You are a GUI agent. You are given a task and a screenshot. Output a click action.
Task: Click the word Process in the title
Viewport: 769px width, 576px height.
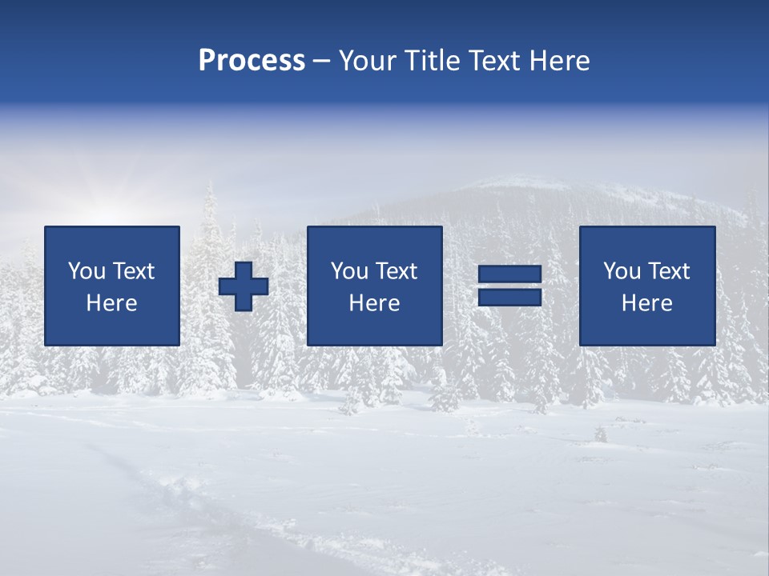[x=252, y=61]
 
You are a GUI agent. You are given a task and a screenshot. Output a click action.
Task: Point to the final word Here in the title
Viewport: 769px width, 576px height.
[x=558, y=61]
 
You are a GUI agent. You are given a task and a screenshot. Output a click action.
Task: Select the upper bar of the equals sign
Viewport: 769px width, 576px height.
[x=509, y=274]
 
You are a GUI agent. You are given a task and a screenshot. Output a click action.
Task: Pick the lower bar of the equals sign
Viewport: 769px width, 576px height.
[x=509, y=297]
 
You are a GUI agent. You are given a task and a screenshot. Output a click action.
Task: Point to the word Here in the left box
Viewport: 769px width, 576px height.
[x=112, y=303]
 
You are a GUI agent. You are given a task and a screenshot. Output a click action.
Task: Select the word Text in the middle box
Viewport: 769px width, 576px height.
[x=397, y=271]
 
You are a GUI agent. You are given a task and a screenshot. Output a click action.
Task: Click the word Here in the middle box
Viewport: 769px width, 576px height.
[x=375, y=303]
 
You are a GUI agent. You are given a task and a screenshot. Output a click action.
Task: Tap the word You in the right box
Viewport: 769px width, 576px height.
[x=622, y=271]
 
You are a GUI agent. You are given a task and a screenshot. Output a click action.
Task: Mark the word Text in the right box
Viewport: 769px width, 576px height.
[x=669, y=271]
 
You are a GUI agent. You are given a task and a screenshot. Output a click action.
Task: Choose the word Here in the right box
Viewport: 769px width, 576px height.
[x=647, y=303]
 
